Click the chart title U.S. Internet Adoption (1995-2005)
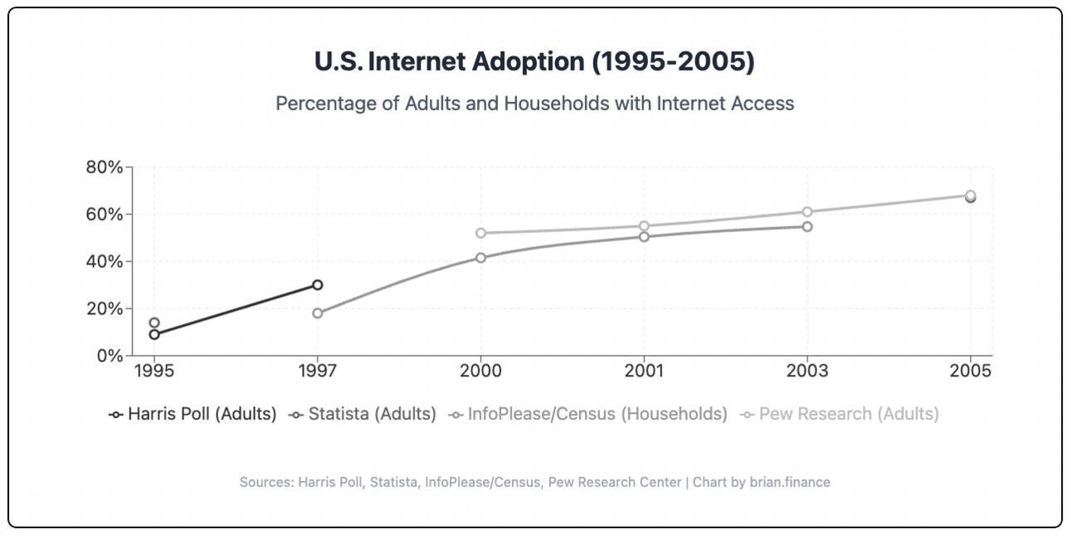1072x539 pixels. (535, 62)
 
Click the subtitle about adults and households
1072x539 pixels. (535, 104)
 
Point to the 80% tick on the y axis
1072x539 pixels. (105, 167)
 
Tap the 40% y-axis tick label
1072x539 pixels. (105, 261)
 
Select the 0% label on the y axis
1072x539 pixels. (110, 356)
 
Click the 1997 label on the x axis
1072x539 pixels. (317, 371)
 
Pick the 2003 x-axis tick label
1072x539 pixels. (806, 371)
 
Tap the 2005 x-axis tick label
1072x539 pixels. (970, 371)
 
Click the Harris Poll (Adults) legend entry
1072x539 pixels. (192, 414)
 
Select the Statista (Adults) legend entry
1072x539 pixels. (363, 414)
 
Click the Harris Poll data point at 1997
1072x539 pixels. (317, 284)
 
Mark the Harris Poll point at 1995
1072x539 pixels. (154, 334)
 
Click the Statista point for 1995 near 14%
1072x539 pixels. (154, 323)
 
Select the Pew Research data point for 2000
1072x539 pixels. (480, 233)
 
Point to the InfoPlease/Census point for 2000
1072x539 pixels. (480, 257)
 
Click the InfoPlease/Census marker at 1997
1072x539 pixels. (317, 313)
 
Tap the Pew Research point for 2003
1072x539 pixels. (806, 211)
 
